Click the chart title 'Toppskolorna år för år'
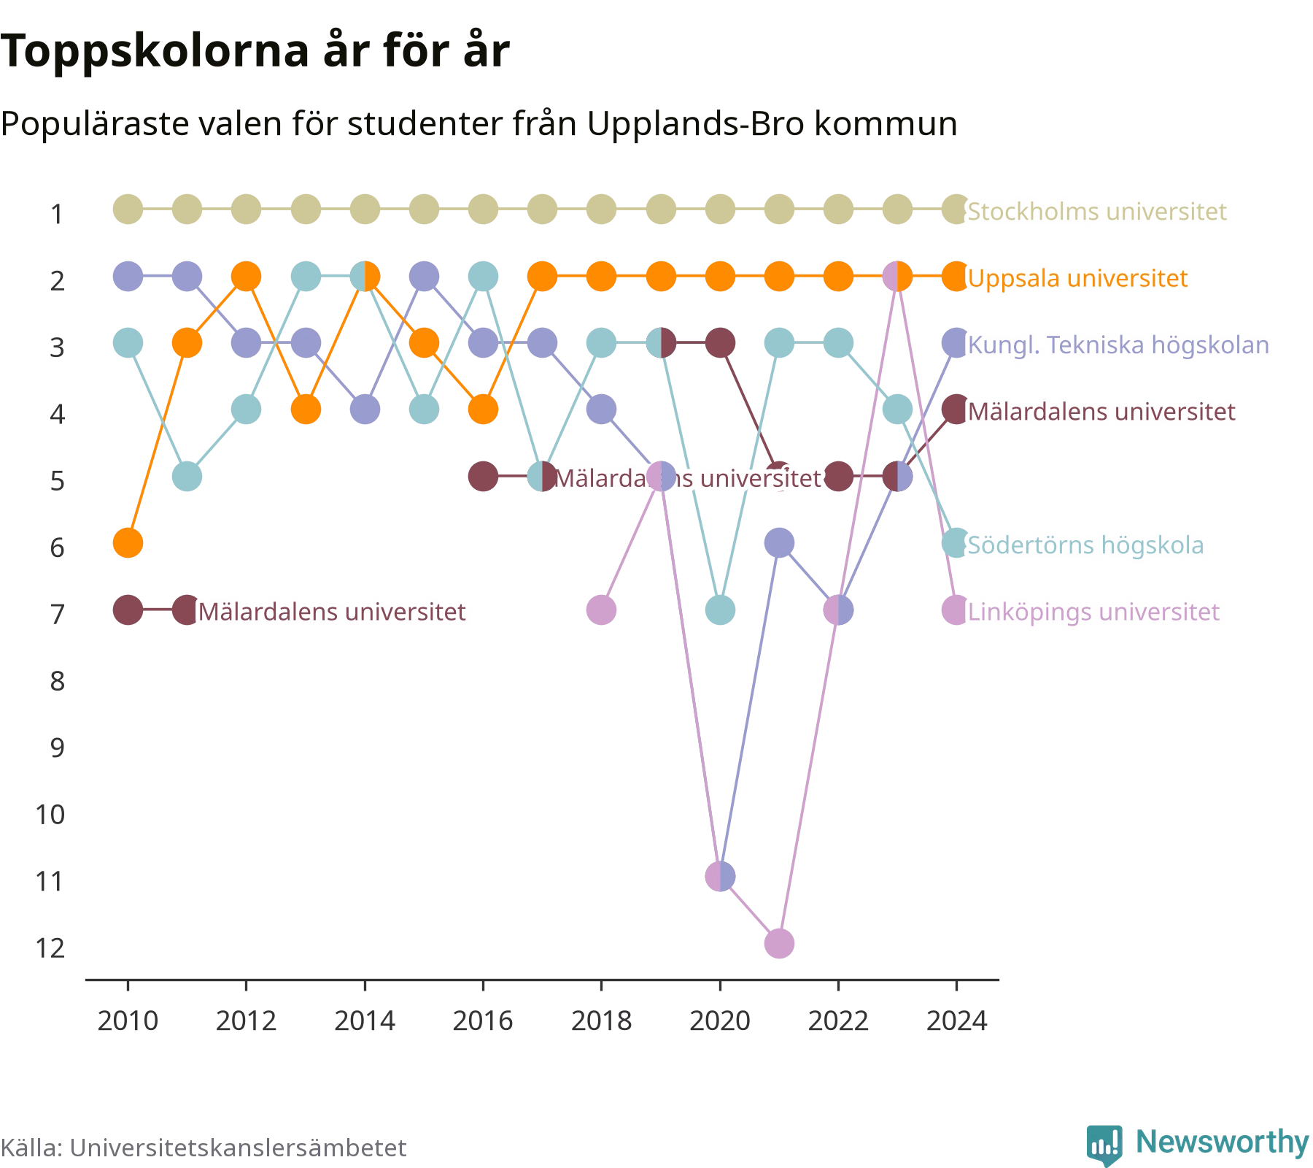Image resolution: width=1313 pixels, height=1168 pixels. tap(255, 52)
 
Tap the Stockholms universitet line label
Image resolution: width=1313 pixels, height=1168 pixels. tap(1097, 212)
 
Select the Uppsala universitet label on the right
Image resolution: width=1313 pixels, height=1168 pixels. tap(1078, 278)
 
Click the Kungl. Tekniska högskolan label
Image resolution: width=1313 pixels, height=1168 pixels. tap(1118, 345)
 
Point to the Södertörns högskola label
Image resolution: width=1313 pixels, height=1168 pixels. tap(1085, 545)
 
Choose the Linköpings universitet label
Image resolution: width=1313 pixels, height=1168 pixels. tap(1093, 612)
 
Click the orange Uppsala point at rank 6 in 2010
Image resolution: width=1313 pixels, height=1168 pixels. tap(128, 543)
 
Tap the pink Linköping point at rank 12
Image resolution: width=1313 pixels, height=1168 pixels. tap(779, 943)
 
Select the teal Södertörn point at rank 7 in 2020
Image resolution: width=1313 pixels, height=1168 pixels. tap(720, 610)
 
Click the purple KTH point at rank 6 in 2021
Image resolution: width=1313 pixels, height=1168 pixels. tap(779, 543)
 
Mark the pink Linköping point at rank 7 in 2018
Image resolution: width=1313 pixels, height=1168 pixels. tap(601, 610)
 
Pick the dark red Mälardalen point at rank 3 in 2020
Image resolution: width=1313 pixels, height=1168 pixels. tap(720, 342)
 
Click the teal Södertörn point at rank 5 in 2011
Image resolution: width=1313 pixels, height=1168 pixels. tap(187, 477)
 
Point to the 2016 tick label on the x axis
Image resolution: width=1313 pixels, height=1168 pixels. tap(483, 1021)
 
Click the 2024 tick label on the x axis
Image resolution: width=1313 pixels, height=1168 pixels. tap(956, 1021)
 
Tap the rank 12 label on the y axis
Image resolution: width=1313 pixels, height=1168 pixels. tap(50, 948)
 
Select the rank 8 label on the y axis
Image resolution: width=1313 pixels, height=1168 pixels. tap(58, 681)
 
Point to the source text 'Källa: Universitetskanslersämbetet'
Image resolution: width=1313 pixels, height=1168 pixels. tap(204, 1148)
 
